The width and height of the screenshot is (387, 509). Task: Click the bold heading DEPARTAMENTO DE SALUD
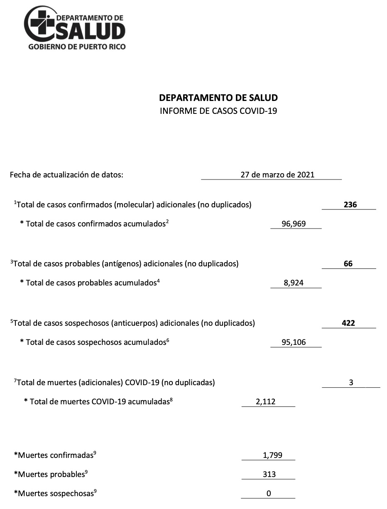218,98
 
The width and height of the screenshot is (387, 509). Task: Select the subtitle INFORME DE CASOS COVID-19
218,111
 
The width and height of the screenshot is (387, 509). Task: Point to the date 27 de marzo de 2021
277,175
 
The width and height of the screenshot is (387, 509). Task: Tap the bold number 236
350,204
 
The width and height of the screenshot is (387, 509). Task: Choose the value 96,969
294,224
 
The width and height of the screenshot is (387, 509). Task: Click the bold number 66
348,263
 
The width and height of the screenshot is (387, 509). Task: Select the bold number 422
348,323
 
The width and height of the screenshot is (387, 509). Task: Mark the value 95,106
294,342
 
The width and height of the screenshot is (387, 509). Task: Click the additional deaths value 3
351,383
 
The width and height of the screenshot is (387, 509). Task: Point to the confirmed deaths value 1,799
272,455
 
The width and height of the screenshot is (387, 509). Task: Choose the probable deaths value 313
269,475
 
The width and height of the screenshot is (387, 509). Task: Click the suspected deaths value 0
269,494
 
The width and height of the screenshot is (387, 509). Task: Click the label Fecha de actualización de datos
66,175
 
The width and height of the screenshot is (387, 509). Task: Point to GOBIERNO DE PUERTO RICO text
77,47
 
